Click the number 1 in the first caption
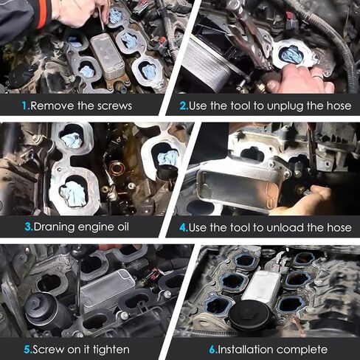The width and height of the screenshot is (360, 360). click(x=25, y=106)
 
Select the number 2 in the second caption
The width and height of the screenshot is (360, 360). click(x=183, y=106)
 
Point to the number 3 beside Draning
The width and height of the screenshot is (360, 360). click(x=28, y=226)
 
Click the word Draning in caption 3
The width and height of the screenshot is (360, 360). click(x=54, y=227)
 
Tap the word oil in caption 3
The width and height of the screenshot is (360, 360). click(x=123, y=226)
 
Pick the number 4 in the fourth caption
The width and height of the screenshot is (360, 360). click(x=183, y=227)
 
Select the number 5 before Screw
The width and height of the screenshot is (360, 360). click(x=27, y=350)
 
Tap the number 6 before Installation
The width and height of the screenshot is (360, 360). click(x=212, y=350)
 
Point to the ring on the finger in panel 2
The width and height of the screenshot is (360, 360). click(x=319, y=76)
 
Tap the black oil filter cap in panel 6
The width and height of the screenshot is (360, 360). click(x=250, y=317)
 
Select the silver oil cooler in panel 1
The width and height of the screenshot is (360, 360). click(x=108, y=57)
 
